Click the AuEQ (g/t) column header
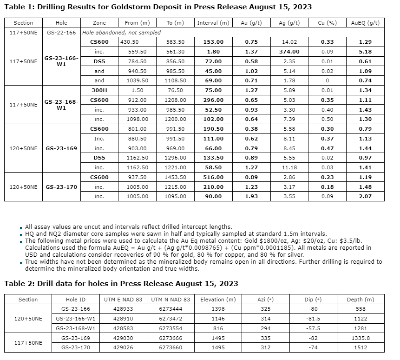(x=366, y=23)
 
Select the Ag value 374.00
(x=289, y=52)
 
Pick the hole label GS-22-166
(x=61, y=33)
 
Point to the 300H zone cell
(x=99, y=90)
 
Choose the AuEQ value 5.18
(x=366, y=52)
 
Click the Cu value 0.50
(x=328, y=119)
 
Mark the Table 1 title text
(x=158, y=7)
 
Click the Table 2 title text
(x=121, y=283)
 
